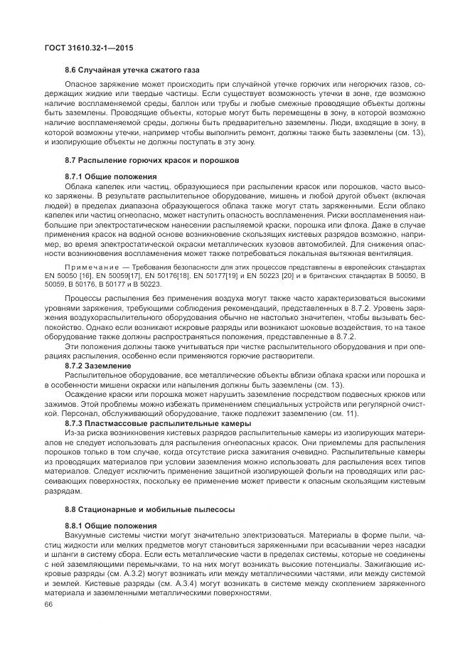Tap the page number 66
[49, 605]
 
